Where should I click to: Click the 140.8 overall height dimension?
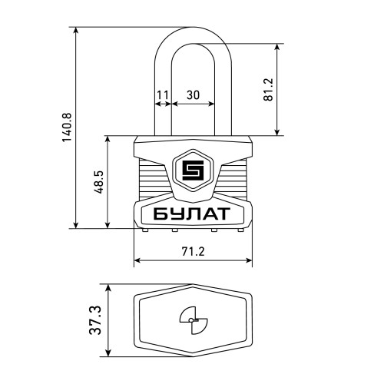point(68,127)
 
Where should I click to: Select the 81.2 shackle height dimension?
point(269,89)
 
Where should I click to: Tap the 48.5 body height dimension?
point(100,182)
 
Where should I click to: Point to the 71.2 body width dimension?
point(194,251)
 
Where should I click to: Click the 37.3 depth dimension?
point(95,320)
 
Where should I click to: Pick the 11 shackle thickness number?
point(163,95)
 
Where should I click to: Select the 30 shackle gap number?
point(193,95)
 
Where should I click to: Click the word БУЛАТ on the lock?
point(192,214)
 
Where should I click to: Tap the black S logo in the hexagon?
point(193,170)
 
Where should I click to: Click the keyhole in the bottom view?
point(194,320)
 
